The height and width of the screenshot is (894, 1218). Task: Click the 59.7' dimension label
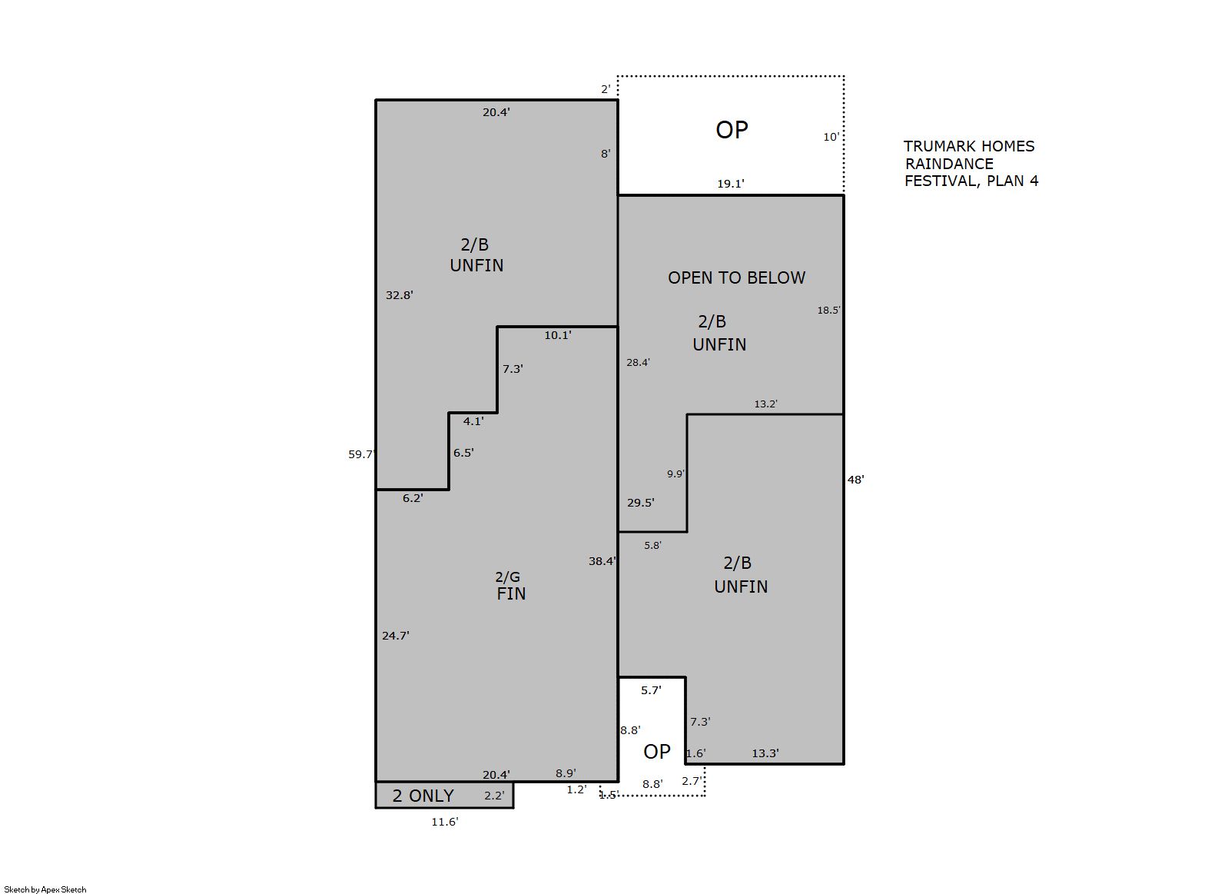point(362,454)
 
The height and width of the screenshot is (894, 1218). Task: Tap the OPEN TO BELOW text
point(736,278)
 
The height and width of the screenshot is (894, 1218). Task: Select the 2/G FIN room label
point(510,585)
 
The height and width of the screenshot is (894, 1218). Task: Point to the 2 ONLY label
point(423,796)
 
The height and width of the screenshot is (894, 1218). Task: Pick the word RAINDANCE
point(949,164)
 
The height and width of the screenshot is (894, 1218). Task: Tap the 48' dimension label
point(856,480)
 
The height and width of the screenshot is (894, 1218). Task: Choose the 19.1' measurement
point(730,184)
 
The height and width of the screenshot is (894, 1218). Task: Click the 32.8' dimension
point(399,295)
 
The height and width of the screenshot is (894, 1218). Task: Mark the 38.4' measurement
point(602,561)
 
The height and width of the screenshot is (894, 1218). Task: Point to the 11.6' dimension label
point(445,822)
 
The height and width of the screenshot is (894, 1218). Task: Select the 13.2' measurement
point(765,404)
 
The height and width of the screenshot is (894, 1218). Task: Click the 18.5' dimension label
point(828,311)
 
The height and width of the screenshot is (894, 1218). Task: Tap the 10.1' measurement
point(558,335)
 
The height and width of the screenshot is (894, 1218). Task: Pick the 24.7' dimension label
point(395,636)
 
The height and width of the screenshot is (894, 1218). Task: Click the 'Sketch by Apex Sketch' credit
point(45,889)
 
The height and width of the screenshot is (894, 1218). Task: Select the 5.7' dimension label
point(651,690)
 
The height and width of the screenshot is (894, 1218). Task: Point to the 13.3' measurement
point(765,753)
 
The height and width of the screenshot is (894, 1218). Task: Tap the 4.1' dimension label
point(473,421)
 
